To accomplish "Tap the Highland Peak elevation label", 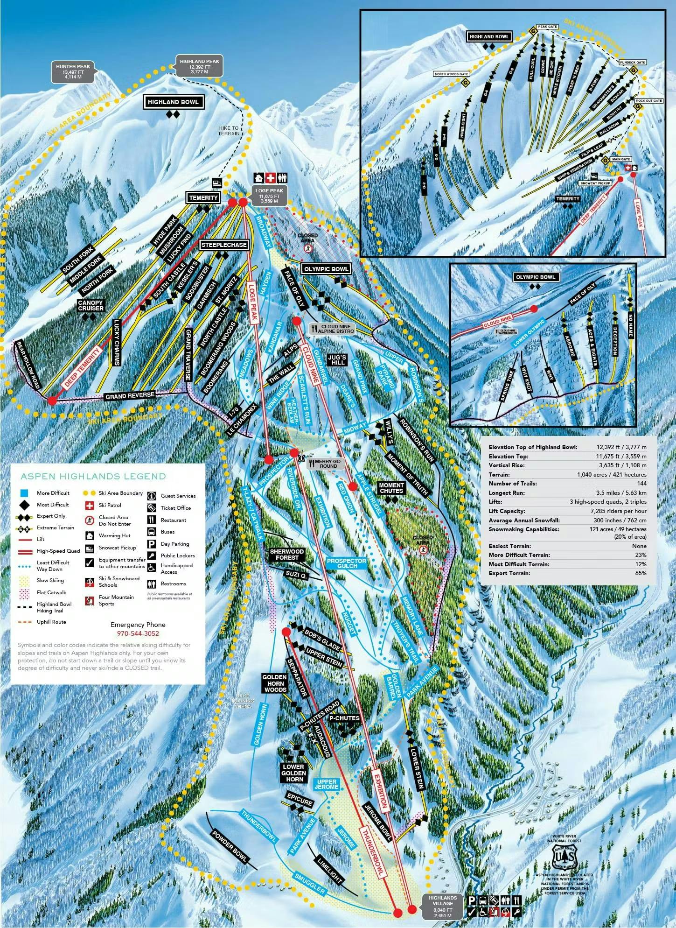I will [x=199, y=67].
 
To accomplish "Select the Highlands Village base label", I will [x=443, y=907].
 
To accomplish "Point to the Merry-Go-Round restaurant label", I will [x=326, y=464].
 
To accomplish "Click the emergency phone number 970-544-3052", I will [x=138, y=633].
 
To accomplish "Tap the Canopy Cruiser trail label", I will [x=91, y=306].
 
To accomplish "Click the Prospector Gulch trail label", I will [x=346, y=563].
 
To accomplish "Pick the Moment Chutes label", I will [x=391, y=488].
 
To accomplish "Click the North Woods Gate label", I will [x=451, y=74].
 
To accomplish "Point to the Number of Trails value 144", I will [x=641, y=484].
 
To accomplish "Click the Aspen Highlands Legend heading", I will [x=93, y=477].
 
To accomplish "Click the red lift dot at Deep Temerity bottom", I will [x=52, y=400].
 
